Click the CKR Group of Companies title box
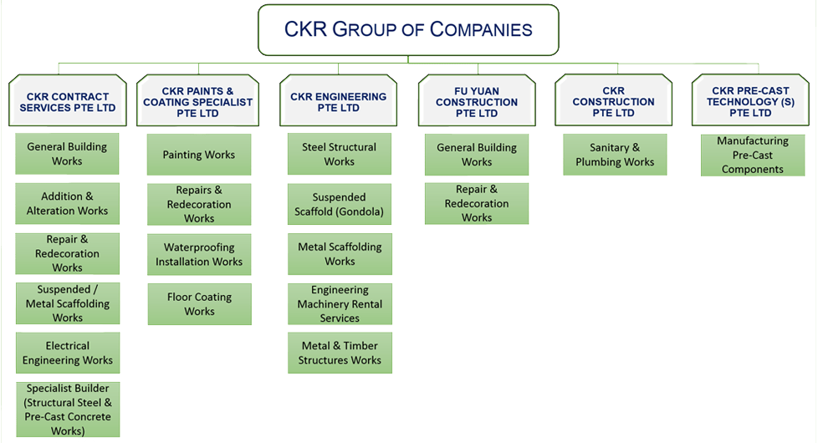click(x=408, y=30)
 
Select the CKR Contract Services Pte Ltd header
click(x=67, y=102)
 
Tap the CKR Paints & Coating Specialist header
click(x=198, y=102)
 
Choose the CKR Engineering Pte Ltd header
click(x=339, y=102)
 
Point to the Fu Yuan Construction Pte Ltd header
click(x=477, y=102)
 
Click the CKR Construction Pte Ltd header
click(x=614, y=102)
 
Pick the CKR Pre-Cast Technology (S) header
click(x=750, y=102)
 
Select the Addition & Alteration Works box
click(x=68, y=204)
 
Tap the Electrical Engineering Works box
click(x=68, y=353)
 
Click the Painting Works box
click(x=199, y=155)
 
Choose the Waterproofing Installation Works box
click(x=199, y=254)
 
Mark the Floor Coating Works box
click(x=199, y=304)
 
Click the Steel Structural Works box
click(x=340, y=154)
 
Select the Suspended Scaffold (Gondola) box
click(x=340, y=205)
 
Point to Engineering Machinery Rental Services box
click(x=340, y=304)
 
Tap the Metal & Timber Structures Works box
click(x=340, y=353)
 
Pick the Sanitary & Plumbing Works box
click(x=615, y=155)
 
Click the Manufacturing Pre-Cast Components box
click(x=753, y=155)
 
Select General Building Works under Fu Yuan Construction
click(x=477, y=155)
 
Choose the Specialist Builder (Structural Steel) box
click(x=68, y=410)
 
